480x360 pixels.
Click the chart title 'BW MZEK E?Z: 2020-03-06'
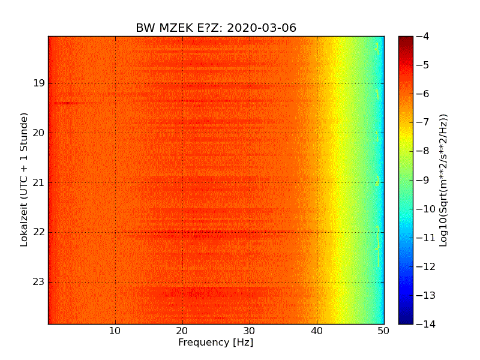coord(216,28)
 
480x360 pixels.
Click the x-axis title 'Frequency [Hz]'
coord(215,343)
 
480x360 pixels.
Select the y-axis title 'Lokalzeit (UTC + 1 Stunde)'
coord(25,180)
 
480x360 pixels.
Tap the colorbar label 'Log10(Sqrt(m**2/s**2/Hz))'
coord(444,180)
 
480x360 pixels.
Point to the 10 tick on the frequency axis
coord(115,331)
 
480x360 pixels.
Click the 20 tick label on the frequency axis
coord(182,331)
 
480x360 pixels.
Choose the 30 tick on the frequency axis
coord(250,331)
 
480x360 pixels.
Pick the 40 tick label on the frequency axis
coord(317,331)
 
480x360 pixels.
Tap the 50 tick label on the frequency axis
coord(384,331)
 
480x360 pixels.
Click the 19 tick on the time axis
coord(39,83)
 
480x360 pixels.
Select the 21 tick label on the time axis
coord(39,182)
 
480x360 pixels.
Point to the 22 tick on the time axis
coord(39,232)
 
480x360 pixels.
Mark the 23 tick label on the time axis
coord(39,281)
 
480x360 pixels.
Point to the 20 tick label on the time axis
coord(39,133)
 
